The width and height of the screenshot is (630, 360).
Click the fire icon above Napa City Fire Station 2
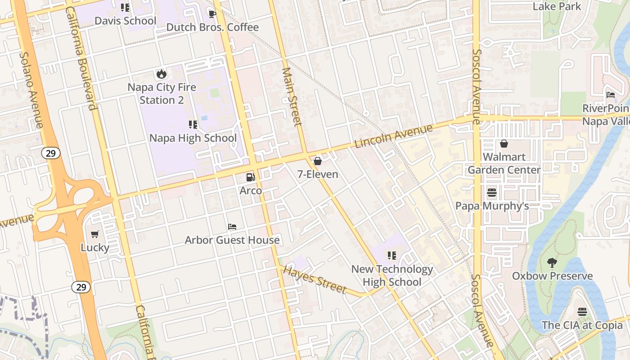coord(161,74)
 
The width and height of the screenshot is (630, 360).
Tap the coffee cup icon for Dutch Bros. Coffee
coord(212,14)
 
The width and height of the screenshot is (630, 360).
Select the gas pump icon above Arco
coord(251,177)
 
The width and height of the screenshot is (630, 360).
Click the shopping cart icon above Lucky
coord(95,234)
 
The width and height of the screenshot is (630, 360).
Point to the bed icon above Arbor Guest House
coord(232,226)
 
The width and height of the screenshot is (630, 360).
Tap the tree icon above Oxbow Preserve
coord(552,262)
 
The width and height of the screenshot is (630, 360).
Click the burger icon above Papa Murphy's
coord(492,193)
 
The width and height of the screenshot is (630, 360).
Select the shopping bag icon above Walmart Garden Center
coord(504,144)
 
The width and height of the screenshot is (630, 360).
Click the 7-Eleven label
coord(318,174)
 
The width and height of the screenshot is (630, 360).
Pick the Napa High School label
coord(193,138)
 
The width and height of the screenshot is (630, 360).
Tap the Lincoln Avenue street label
coord(393,136)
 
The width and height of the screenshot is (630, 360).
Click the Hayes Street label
coord(315,279)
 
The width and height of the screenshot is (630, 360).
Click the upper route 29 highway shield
coord(51,153)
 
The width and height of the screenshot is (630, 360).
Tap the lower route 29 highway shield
coord(81,287)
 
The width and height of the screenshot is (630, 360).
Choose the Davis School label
coord(125,21)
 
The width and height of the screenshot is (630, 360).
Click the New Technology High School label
coord(392,275)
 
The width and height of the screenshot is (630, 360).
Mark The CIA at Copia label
coord(582,325)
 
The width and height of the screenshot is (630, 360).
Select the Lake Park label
coord(557,6)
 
